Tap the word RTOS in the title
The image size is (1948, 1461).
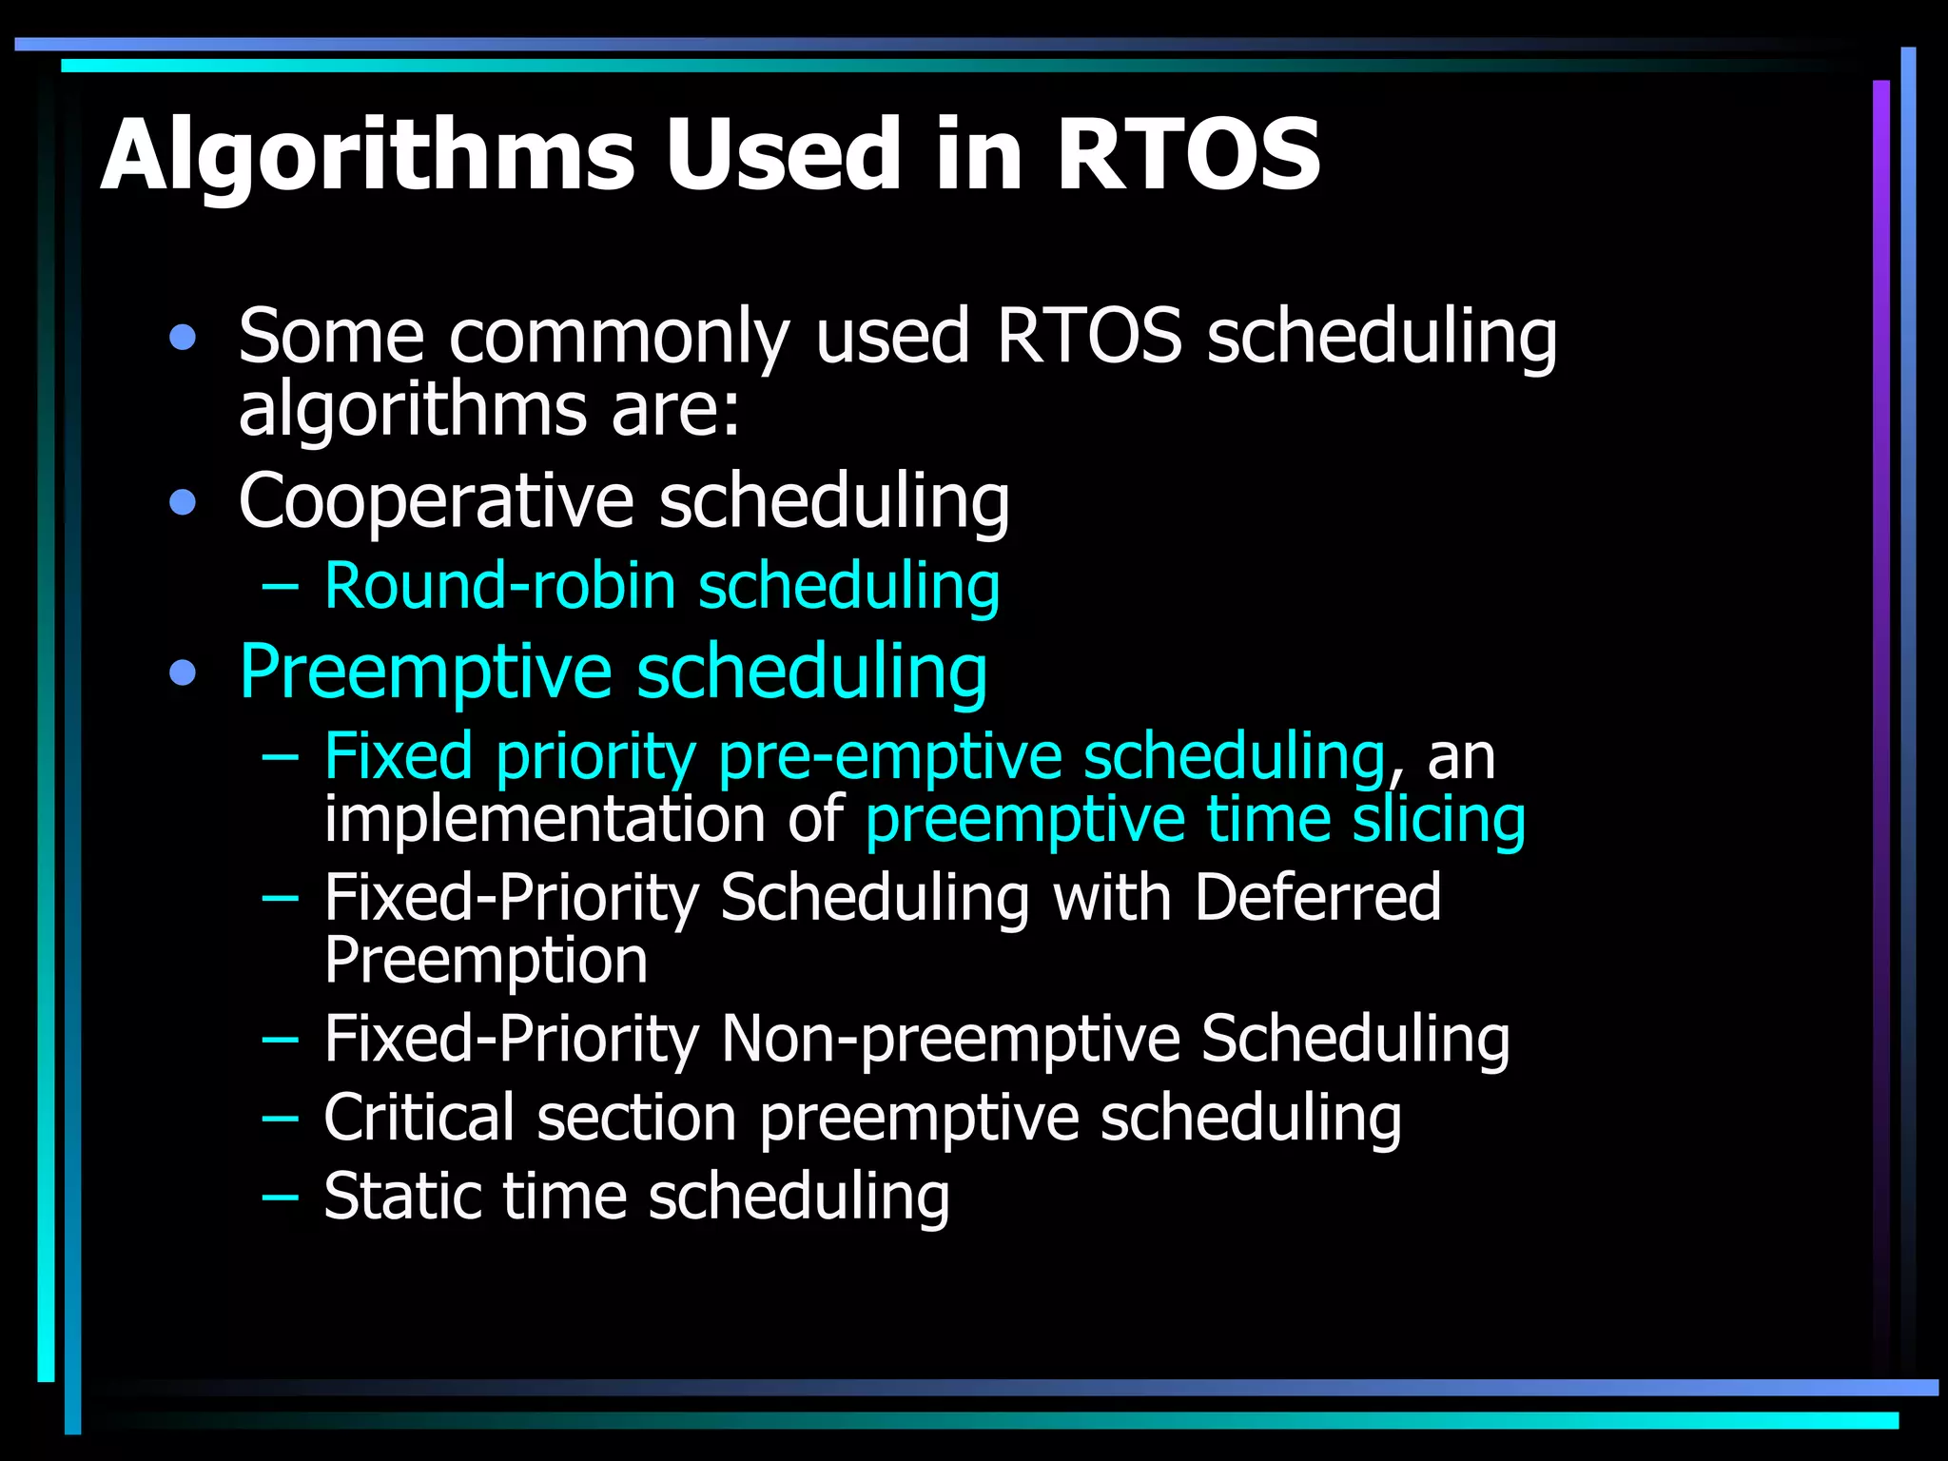point(1187,155)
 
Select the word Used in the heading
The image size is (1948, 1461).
point(782,155)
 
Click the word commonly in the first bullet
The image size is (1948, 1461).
point(619,338)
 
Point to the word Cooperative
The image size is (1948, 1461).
point(436,501)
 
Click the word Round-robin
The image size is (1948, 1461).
point(499,586)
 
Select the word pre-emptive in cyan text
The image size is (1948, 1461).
point(889,758)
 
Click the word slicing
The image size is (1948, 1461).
point(1439,821)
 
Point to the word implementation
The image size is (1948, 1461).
point(544,821)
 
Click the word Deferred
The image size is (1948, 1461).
point(1317,897)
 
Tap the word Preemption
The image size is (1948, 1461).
point(485,961)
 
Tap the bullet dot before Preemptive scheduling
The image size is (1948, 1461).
point(183,673)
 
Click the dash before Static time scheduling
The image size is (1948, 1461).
point(280,1196)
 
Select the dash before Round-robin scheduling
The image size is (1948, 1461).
point(280,586)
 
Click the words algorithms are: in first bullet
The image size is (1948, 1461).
point(489,411)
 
